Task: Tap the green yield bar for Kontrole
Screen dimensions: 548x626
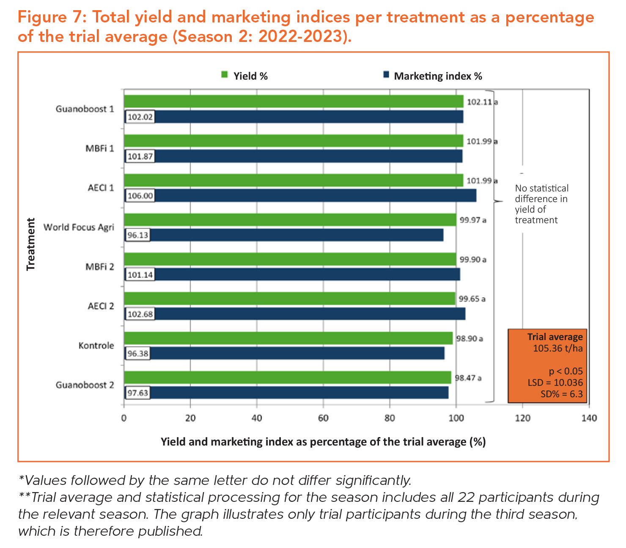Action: point(288,338)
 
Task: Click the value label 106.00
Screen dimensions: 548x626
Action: point(140,196)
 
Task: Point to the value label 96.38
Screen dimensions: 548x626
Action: point(138,354)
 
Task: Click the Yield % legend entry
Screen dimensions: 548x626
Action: point(245,76)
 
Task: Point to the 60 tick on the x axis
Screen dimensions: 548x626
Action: point(323,418)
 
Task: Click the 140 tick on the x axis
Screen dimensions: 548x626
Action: point(589,418)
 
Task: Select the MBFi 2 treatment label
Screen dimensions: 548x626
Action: point(100,267)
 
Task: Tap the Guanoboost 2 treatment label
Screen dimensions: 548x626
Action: point(85,385)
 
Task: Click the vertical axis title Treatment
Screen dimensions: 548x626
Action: point(31,244)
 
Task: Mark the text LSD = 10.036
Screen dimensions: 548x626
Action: point(555,383)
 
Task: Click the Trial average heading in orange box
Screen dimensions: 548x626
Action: point(555,337)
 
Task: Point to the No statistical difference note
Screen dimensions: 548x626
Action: point(541,204)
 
